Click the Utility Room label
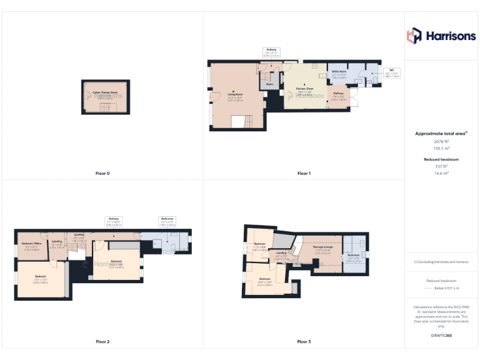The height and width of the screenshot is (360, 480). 339,73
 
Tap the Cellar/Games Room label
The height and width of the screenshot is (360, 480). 105,93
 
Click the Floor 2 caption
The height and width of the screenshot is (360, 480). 102,342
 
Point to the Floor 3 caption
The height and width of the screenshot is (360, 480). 304,342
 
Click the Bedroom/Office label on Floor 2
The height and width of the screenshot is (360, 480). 31,244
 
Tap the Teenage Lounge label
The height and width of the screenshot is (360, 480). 322,247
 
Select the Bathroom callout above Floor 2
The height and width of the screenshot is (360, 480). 167,220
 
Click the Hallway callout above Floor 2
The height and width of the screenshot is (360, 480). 114,220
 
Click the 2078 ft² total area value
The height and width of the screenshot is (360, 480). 442,142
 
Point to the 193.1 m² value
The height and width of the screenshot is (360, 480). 442,149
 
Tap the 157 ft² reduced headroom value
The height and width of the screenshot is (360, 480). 442,166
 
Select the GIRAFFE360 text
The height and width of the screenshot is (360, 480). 441,336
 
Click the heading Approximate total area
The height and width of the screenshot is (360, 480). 441,134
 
